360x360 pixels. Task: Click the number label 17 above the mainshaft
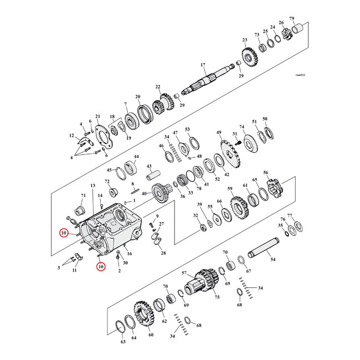click(x=203, y=65)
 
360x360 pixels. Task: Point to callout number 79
click(x=307, y=19)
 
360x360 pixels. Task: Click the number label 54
click(x=272, y=259)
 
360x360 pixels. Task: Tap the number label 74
click(x=241, y=127)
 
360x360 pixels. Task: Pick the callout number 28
click(x=163, y=253)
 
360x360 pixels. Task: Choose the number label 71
click(x=84, y=196)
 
